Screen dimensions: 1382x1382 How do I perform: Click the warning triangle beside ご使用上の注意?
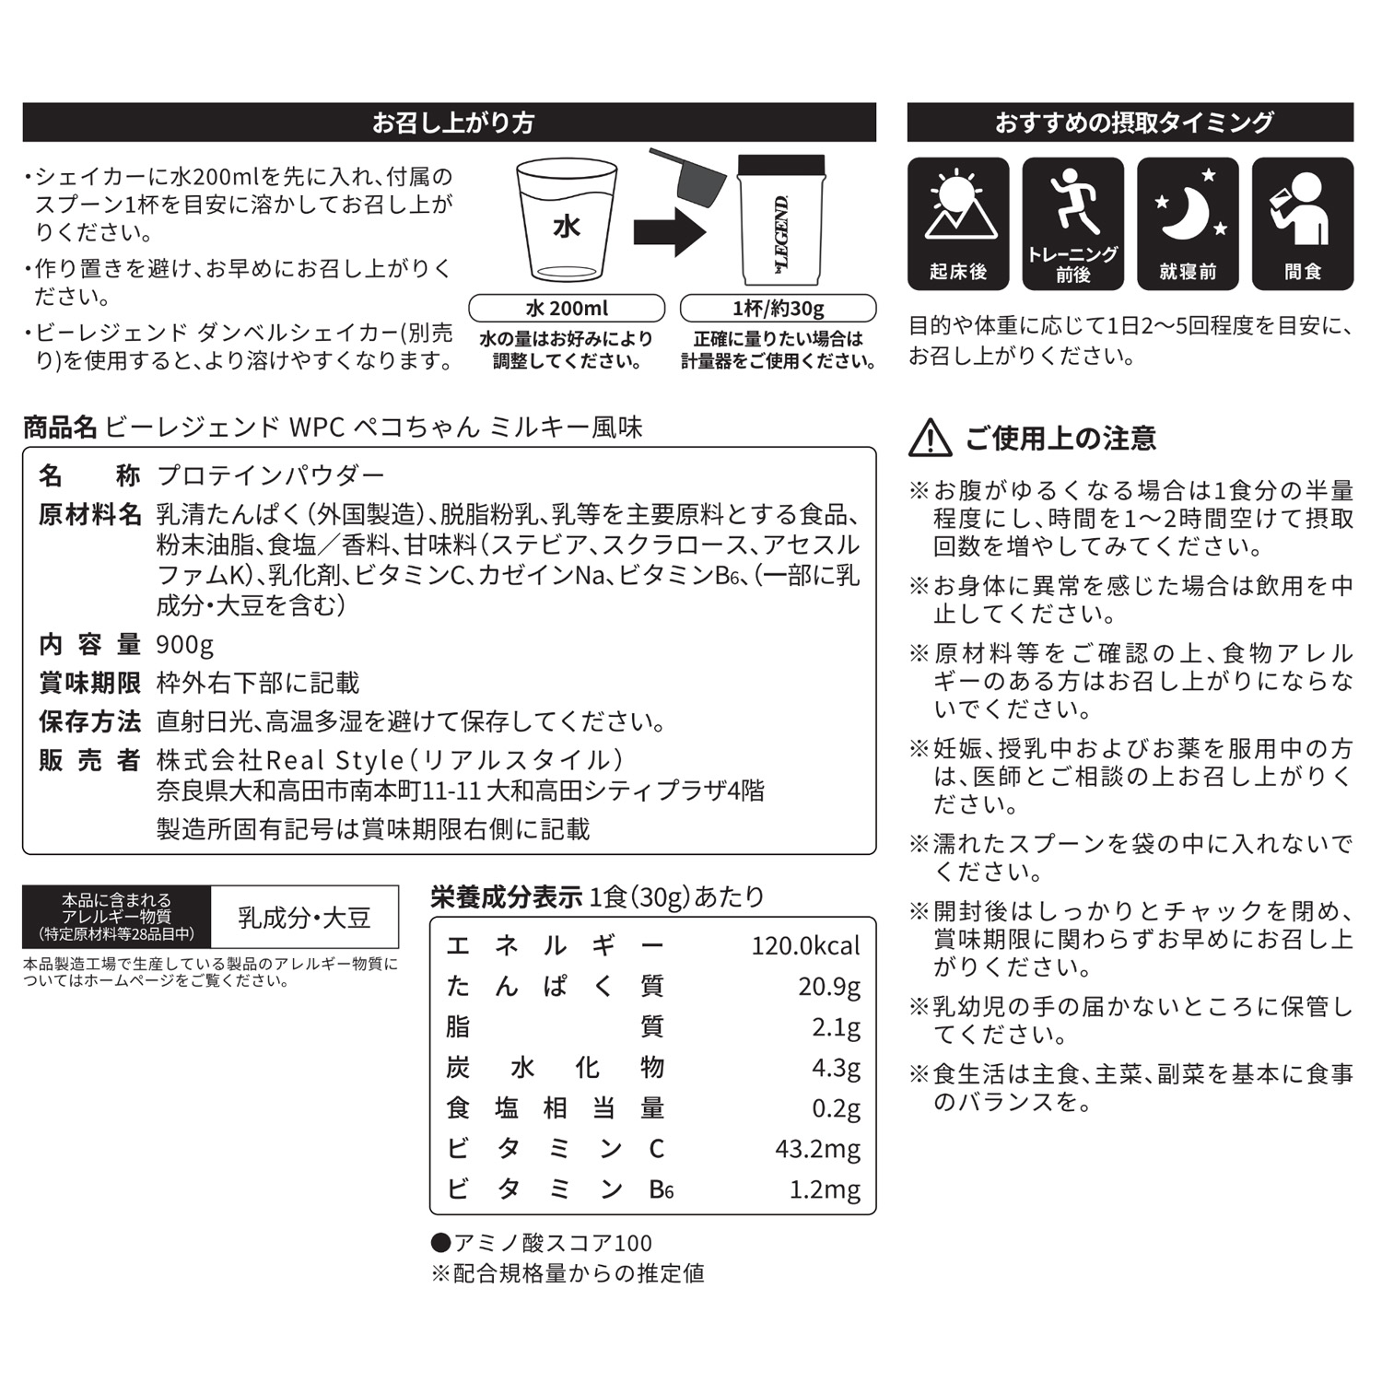coord(931,439)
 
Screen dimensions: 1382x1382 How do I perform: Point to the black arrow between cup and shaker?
coord(670,230)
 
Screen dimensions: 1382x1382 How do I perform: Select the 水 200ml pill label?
coord(567,308)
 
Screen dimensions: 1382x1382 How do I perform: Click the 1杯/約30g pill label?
coord(778,308)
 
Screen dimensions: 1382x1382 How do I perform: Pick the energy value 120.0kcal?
coord(805,946)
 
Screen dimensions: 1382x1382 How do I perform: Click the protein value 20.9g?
coord(829,987)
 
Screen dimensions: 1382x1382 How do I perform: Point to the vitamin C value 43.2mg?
coord(817,1149)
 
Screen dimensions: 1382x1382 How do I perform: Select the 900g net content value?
coord(185,644)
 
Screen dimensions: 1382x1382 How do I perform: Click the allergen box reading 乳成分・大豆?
coord(304,918)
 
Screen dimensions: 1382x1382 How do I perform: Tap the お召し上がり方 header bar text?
coord(452,123)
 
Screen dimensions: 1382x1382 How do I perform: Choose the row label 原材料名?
coord(89,514)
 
